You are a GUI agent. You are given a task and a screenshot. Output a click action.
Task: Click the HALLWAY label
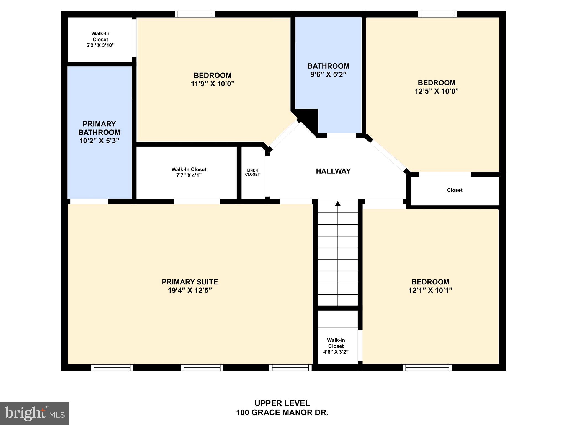[333, 171]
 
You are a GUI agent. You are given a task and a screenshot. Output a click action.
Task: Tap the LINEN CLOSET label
[252, 172]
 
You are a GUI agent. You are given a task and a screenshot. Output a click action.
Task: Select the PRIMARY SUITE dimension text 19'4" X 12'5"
[190, 291]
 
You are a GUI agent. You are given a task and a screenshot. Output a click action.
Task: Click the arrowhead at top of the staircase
[338, 204]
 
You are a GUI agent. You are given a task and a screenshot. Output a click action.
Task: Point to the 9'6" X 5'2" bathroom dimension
[328, 74]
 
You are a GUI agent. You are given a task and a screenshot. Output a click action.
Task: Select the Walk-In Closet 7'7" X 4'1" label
[189, 172]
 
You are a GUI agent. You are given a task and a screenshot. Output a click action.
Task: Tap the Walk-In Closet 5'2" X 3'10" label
[100, 39]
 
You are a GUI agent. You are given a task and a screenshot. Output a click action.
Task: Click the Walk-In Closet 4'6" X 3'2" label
[336, 346]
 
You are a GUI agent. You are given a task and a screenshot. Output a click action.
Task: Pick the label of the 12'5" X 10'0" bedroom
[437, 83]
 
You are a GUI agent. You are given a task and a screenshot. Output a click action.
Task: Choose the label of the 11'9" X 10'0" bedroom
[213, 76]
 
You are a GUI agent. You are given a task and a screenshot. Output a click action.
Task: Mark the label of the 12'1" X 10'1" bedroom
[430, 282]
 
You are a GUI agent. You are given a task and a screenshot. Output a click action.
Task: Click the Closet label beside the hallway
[455, 190]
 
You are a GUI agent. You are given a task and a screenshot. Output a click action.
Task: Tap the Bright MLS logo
[35, 413]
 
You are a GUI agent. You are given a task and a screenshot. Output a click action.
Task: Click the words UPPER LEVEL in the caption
[282, 403]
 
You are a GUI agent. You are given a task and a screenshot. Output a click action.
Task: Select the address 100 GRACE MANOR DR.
[282, 413]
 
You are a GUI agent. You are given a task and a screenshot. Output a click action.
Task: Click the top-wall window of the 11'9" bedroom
[195, 14]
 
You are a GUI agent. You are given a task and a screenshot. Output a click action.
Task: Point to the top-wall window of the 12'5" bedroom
[437, 14]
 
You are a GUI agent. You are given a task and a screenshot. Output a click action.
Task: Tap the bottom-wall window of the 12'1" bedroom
[427, 367]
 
